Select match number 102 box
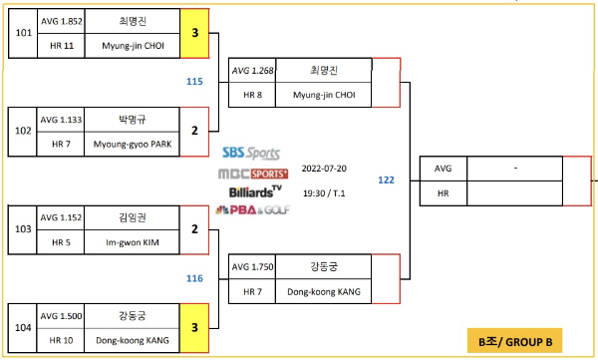22,130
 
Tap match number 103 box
22,227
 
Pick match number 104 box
22,325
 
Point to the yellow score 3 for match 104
195,325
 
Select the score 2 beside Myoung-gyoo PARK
195,130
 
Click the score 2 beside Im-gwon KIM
195,227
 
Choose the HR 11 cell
61,45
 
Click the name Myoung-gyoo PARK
132,143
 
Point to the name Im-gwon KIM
132,240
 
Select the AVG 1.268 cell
252,71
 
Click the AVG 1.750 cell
252,267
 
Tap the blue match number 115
194,81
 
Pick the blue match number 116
194,277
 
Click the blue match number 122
387,180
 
